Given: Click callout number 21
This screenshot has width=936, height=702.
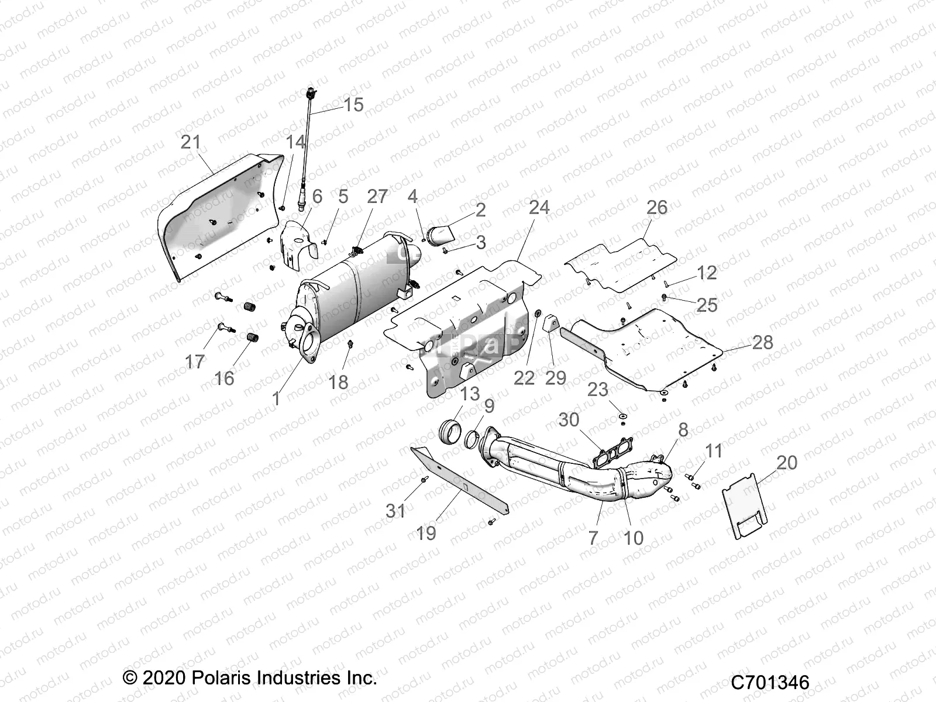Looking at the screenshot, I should point(190,142).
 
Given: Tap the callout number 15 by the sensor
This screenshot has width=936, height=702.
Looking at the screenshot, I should point(353,105).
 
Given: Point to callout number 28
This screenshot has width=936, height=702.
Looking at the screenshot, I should point(762,342).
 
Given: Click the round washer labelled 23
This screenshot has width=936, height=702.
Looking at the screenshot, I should point(624,415).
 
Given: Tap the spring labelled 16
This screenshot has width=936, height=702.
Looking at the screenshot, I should point(250,338).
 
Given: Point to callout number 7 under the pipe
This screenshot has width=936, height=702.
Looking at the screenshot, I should point(593,537).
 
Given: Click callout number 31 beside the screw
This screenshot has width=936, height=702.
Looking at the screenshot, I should point(395,510).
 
